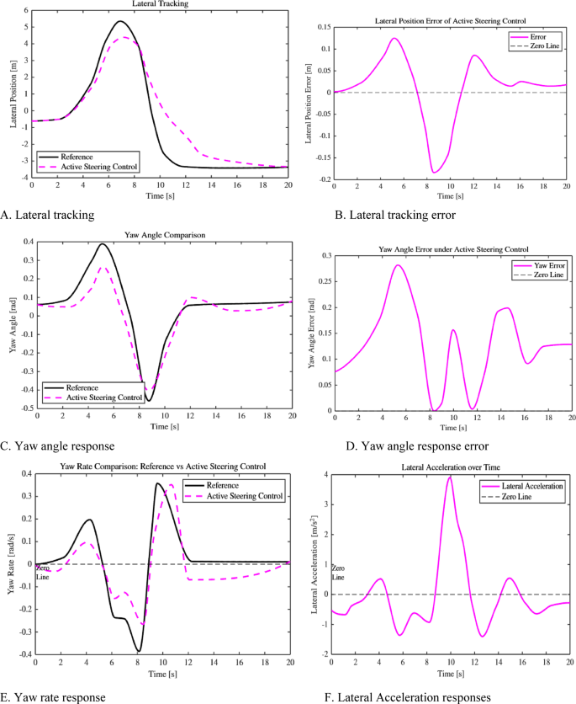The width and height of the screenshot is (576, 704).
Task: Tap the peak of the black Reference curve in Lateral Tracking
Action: [x=120, y=21]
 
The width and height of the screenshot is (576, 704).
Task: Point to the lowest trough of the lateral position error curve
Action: [x=434, y=173]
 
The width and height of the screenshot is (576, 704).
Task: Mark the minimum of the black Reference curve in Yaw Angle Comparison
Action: [x=150, y=399]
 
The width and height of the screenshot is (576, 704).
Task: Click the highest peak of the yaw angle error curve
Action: [x=398, y=265]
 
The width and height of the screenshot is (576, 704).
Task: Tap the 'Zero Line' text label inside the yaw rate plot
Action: [x=42, y=573]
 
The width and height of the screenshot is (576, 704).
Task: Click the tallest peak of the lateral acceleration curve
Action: [x=450, y=477]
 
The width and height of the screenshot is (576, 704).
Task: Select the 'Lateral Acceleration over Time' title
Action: [x=450, y=466]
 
